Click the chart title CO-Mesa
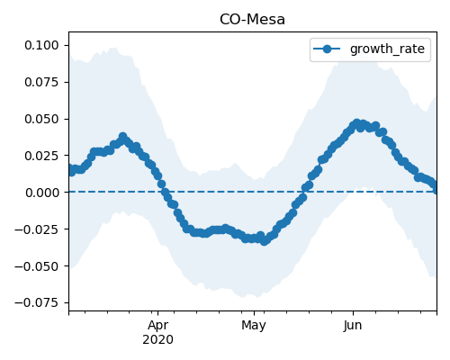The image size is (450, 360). point(252,20)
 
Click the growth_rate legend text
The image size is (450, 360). point(387,49)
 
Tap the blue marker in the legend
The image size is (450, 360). point(327,49)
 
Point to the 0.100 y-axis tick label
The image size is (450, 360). point(41,45)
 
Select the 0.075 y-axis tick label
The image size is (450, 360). point(41,82)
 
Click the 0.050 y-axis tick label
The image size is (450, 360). point(41,119)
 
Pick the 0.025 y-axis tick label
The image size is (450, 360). point(41,156)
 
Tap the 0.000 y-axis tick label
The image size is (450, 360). point(42,193)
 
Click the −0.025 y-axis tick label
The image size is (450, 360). point(37,229)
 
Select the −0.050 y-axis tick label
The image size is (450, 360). point(37,266)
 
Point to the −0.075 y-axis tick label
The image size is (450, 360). point(37,303)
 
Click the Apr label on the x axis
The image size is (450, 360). point(157,326)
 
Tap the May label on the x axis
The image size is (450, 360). point(254,326)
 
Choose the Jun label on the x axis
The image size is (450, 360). point(353,326)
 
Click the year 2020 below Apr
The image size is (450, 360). point(157,339)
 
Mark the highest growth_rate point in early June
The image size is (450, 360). point(356,123)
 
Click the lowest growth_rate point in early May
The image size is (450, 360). point(264,241)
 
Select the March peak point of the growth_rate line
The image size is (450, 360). point(122,137)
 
